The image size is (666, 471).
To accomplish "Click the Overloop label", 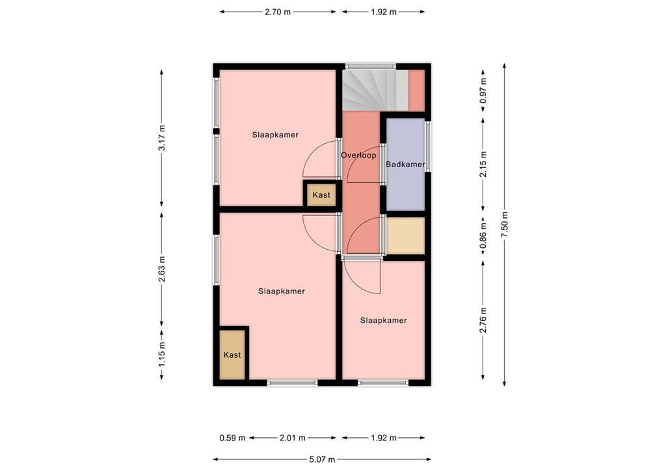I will (x=358, y=155).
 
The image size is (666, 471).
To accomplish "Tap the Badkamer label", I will (x=405, y=165).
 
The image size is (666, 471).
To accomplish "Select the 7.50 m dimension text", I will (x=504, y=224).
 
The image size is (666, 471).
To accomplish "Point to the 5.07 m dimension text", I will (x=322, y=459).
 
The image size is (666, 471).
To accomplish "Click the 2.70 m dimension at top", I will (x=278, y=12).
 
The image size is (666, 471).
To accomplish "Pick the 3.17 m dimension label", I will (x=161, y=138).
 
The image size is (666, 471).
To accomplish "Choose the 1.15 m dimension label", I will (x=161, y=353).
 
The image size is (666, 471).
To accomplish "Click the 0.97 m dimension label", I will (x=483, y=97).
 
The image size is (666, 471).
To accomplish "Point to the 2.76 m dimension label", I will (x=483, y=320).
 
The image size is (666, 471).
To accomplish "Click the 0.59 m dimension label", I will (x=232, y=438).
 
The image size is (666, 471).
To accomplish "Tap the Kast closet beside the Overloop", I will (x=321, y=195).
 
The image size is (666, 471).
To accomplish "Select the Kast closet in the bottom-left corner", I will (x=232, y=355).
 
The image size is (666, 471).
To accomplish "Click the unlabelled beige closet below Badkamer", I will (x=406, y=235).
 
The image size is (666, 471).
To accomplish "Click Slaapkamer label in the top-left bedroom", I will (x=275, y=135).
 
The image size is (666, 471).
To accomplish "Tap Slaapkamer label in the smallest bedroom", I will (x=383, y=320).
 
